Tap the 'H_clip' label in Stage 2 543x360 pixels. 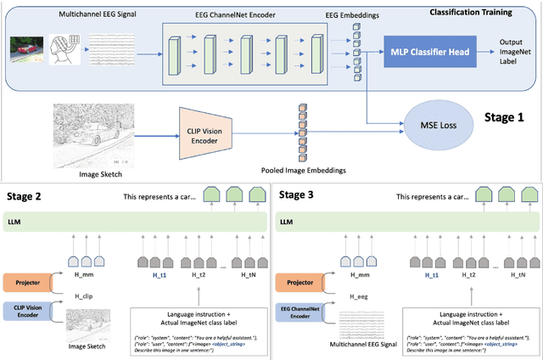(x=81, y=295)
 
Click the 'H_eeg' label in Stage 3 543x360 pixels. (x=355, y=295)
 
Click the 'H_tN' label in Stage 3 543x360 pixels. (x=521, y=275)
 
